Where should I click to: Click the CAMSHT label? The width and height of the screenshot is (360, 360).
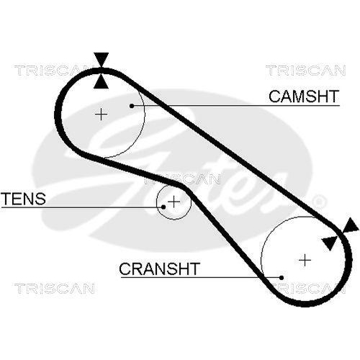coord(303,96)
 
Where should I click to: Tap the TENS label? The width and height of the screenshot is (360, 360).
coord(23,198)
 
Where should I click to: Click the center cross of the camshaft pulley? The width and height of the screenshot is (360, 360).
coord(102,113)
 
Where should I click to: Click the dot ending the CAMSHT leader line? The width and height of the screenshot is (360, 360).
coord(132,105)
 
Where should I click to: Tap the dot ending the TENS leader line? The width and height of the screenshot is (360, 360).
coord(164,207)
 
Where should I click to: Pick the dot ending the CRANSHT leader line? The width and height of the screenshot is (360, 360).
coord(282,277)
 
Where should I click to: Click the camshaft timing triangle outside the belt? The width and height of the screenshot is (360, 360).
coord(102,59)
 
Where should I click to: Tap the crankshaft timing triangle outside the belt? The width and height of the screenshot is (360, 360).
coord(351,228)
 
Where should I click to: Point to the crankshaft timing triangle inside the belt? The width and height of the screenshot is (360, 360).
coord(330,242)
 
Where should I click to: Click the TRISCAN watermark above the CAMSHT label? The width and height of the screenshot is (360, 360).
coord(301,70)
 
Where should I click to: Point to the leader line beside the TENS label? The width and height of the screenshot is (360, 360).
coord(108,207)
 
